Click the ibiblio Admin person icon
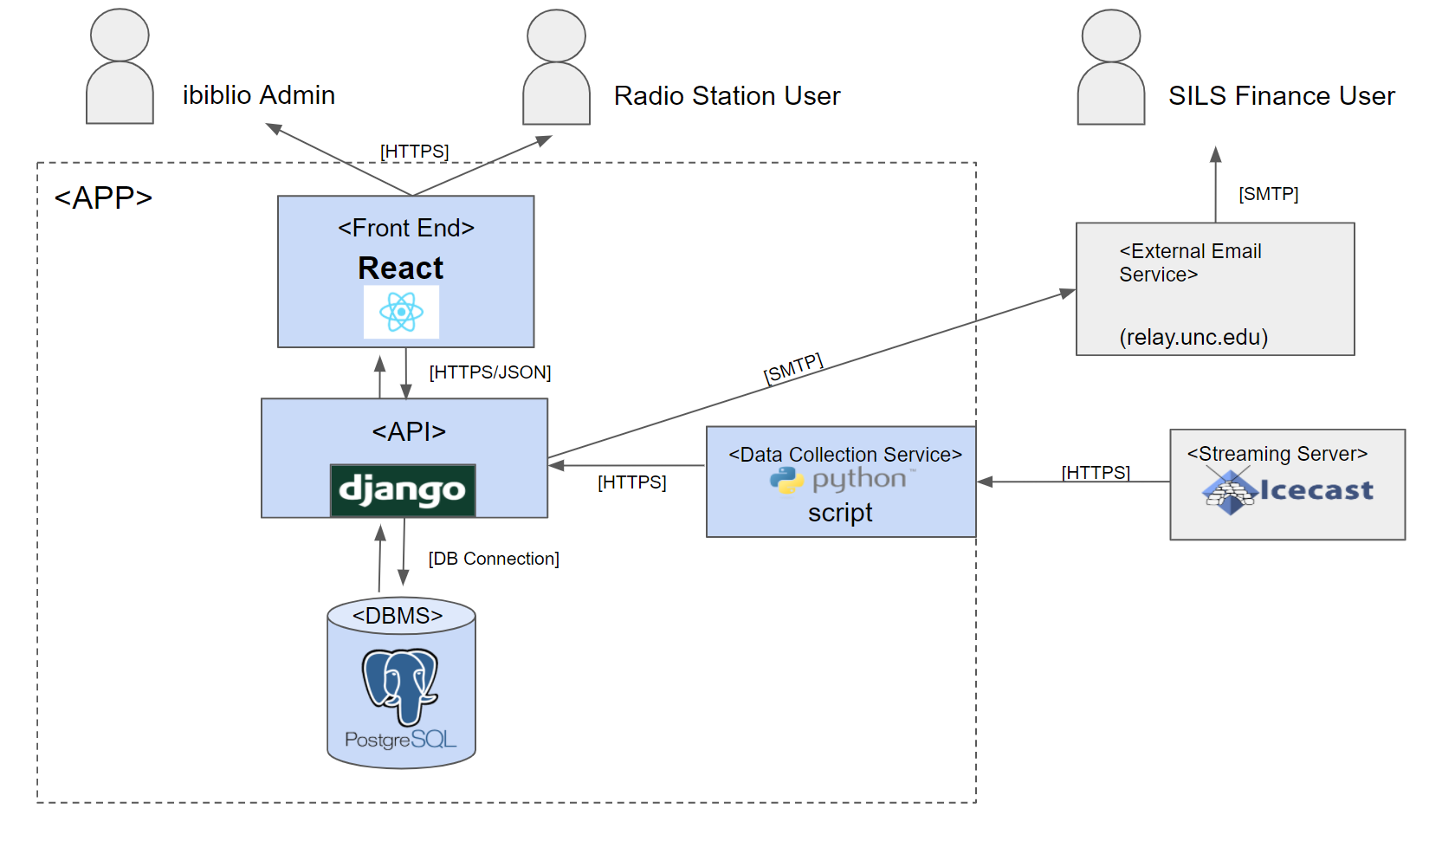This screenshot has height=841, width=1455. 120,66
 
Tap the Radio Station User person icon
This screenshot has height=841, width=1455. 556,66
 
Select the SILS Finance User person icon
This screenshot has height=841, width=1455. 1110,66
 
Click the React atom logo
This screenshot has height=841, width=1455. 402,312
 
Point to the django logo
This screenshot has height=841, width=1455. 403,490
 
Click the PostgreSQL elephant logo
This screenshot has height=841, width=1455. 400,687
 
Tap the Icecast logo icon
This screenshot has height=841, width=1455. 1230,492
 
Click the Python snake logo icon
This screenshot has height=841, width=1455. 786,481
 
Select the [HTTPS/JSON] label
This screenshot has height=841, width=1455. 490,372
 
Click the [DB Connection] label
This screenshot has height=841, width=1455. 494,559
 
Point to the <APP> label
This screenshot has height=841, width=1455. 103,197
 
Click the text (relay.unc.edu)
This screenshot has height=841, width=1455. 1193,337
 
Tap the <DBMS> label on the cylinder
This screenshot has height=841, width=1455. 398,615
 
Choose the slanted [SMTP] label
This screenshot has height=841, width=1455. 793,368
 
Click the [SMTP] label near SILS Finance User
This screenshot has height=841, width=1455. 1268,194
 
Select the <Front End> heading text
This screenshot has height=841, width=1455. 406,228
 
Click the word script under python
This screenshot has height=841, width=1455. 840,513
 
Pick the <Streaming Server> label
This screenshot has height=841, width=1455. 1277,453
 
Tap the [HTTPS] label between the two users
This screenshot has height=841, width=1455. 414,152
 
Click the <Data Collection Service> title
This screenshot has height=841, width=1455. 845,454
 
